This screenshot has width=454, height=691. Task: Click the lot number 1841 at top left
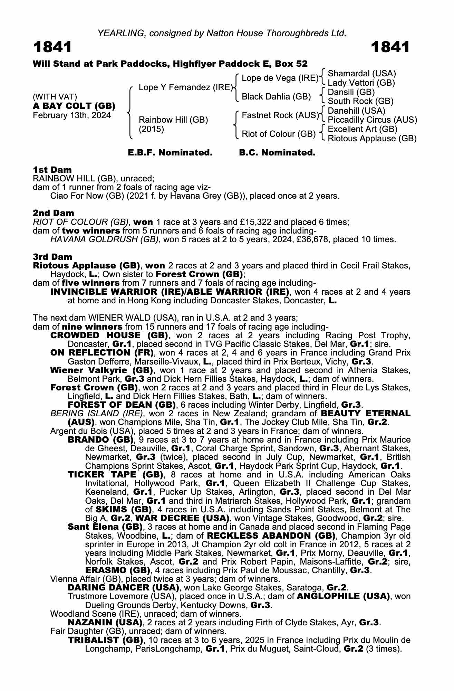(52, 47)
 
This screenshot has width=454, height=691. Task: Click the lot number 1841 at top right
(390, 47)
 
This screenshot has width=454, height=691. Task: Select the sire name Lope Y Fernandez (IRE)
(186, 87)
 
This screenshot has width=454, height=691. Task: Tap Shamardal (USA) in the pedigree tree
(361, 74)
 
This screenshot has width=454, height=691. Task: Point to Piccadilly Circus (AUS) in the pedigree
(372, 120)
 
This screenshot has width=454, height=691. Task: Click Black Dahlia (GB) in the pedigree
(276, 97)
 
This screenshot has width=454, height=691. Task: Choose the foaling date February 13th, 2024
(72, 115)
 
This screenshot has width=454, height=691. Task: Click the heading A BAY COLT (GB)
(74, 106)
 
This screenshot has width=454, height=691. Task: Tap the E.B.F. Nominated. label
(170, 153)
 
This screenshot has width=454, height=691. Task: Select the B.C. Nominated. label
(277, 153)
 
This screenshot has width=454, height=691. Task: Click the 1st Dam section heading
(52, 170)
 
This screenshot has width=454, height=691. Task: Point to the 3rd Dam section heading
(52, 257)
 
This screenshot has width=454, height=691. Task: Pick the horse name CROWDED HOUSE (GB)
(109, 335)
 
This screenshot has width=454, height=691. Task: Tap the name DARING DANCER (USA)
(123, 588)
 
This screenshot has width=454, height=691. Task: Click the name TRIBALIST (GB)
(106, 640)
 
